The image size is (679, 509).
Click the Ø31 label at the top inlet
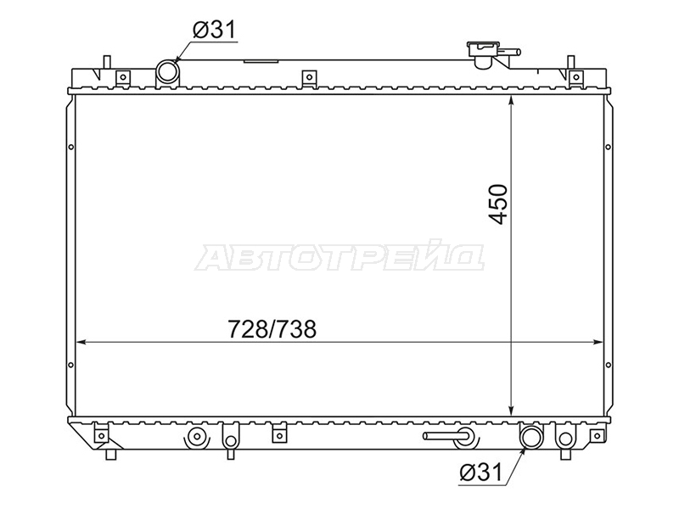(214, 31)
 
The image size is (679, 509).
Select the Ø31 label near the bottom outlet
(480, 472)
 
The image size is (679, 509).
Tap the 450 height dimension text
(498, 204)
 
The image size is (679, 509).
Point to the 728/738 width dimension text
(272, 329)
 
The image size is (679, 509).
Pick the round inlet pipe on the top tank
(167, 72)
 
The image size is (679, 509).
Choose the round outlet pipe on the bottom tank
(531, 438)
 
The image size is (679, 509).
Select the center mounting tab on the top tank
(309, 77)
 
